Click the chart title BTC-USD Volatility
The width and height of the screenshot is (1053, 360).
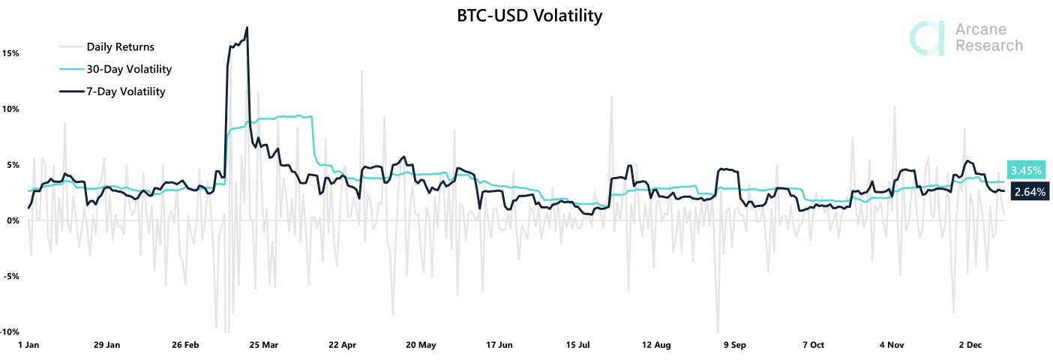coord(529,16)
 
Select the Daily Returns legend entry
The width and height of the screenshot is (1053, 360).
coord(120,46)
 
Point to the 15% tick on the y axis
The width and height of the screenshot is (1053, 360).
coord(10,54)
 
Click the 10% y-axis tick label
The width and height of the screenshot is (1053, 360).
coord(10,109)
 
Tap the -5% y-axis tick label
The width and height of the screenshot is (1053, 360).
coord(10,276)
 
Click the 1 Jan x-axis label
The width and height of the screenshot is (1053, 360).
coord(28,345)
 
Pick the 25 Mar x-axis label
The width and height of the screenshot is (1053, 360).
coord(264,345)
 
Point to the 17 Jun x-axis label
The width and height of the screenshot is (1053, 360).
coord(499,345)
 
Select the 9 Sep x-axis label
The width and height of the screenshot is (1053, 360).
coord(734,345)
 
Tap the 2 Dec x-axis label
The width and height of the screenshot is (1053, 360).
coord(970,345)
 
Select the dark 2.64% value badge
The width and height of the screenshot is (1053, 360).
coord(1029,191)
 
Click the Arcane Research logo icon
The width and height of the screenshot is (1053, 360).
coord(927,38)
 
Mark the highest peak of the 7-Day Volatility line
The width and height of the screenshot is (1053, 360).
coord(247,28)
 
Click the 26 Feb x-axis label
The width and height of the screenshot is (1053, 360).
coord(186,345)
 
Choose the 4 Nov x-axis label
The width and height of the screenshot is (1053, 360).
coord(892,345)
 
